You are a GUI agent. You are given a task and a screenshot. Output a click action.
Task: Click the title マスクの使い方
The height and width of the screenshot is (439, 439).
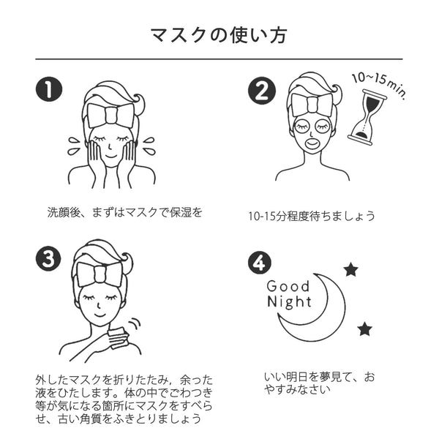coord(219,34)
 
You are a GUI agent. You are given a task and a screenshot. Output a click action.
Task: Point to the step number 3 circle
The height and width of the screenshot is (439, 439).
coord(48,259)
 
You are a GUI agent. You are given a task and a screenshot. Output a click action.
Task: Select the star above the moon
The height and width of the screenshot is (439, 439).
coord(351,270)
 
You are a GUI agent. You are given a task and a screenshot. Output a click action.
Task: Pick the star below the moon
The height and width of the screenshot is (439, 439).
coord(364,329)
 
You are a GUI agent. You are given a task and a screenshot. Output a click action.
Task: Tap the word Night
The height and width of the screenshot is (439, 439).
coord(288,301)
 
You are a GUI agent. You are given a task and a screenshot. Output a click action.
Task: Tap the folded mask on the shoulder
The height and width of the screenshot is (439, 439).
coord(118,337)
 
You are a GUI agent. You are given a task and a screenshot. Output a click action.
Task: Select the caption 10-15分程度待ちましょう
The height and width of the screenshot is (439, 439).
coord(312,216)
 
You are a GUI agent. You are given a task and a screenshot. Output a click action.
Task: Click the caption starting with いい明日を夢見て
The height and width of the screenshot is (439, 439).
coord(319,383)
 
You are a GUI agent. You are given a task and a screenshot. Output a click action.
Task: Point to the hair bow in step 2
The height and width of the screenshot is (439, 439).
coord(312,104)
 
